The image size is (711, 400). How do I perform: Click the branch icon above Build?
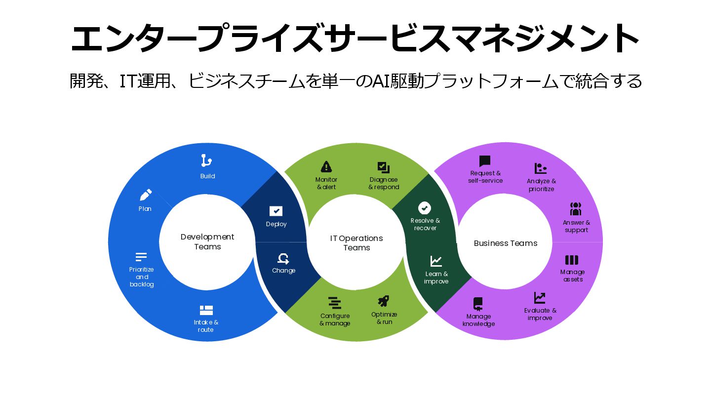(x=206, y=160)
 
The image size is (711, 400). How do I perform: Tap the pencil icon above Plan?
(x=146, y=195)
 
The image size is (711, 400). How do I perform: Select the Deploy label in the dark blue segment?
(x=276, y=224)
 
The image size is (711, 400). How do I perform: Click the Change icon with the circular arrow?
(x=283, y=258)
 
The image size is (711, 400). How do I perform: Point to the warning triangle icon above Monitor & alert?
(x=326, y=166)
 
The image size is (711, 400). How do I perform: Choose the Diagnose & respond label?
(x=384, y=183)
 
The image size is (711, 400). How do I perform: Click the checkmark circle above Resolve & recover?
(x=425, y=208)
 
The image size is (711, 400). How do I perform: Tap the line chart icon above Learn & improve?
(x=436, y=261)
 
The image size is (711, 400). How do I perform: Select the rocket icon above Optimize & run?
(x=384, y=301)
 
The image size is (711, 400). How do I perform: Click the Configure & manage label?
(x=335, y=320)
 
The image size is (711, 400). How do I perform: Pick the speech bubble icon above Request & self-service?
(x=485, y=161)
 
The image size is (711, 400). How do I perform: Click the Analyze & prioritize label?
(x=541, y=185)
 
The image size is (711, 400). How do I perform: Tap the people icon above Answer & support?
(x=576, y=209)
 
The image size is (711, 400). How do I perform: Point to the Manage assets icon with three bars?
(x=572, y=260)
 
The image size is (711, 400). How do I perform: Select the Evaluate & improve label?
(x=540, y=314)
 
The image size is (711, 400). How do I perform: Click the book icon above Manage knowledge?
(x=477, y=303)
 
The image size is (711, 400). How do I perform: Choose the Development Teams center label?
(x=207, y=242)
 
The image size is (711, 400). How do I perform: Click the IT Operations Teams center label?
(x=356, y=243)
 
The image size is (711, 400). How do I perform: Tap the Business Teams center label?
(x=506, y=243)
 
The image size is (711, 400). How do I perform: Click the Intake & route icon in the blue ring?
(x=206, y=310)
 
